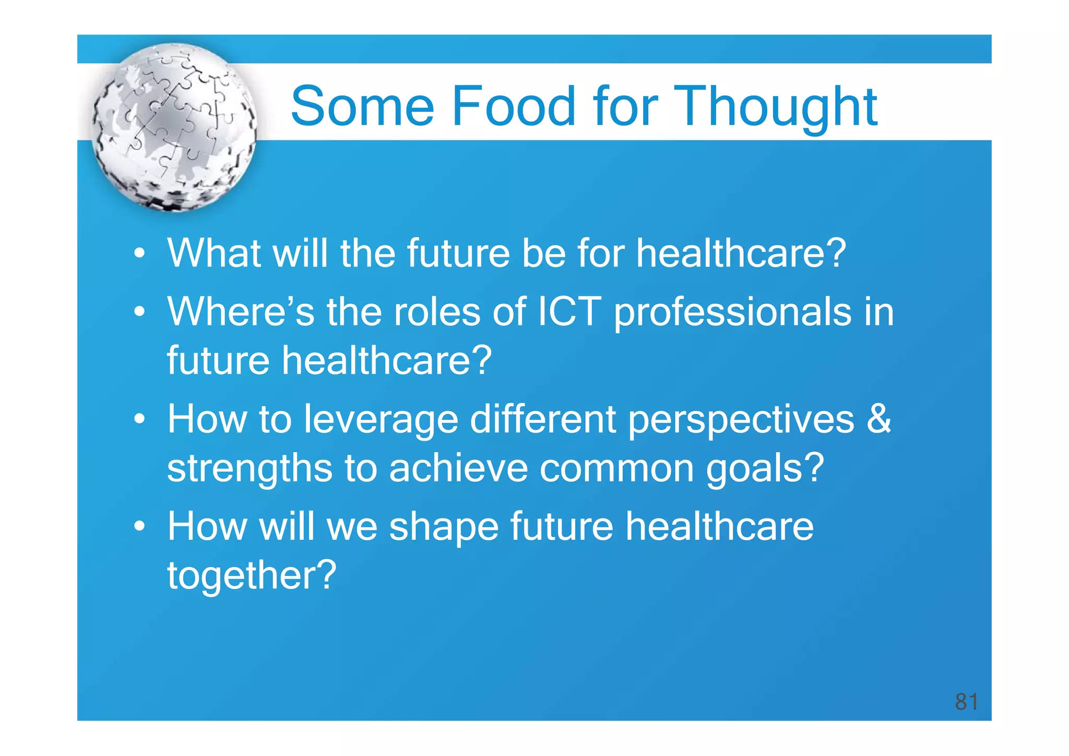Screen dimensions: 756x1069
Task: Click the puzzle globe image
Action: [174, 127]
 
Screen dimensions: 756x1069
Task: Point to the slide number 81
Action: [966, 701]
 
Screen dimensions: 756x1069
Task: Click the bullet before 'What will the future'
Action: [139, 254]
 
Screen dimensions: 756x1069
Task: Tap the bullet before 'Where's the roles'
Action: [139, 312]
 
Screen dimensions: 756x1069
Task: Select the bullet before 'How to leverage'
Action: [139, 419]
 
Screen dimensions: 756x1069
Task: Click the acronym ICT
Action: [569, 311]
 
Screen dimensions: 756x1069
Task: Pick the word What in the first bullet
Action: [214, 253]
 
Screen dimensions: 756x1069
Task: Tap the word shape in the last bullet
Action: [444, 528]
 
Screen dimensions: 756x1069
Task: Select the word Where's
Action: [241, 311]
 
